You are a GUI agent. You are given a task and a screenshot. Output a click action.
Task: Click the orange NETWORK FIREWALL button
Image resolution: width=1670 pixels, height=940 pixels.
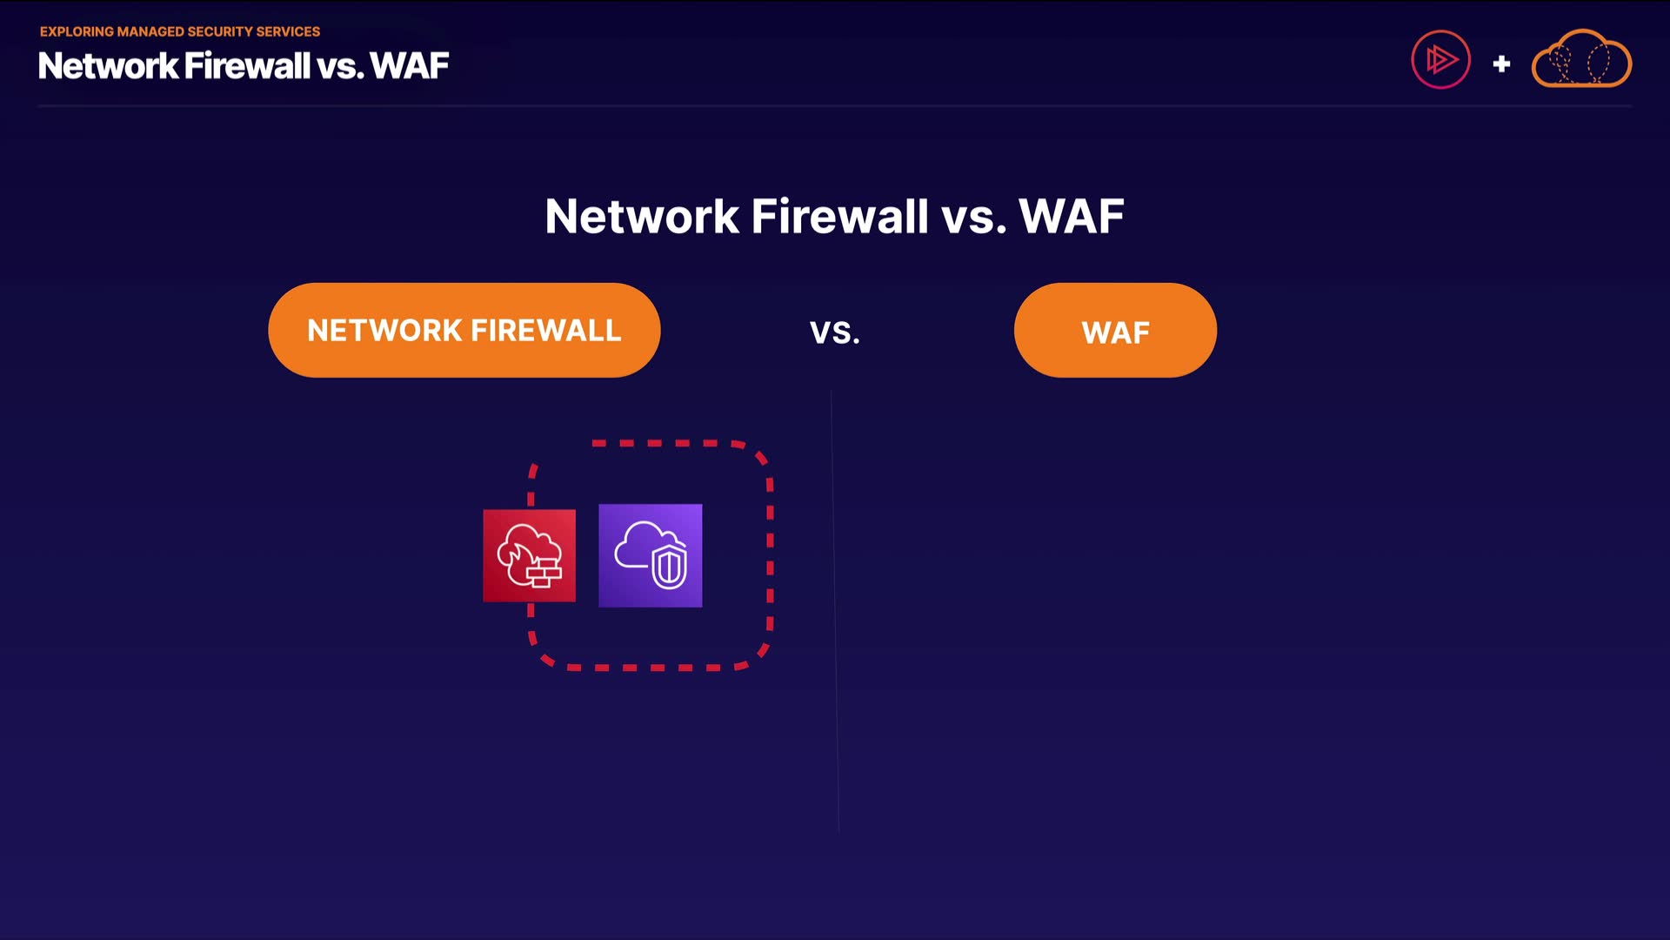[464, 330]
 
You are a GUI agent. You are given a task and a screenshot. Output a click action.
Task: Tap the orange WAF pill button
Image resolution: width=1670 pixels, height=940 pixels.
[1115, 330]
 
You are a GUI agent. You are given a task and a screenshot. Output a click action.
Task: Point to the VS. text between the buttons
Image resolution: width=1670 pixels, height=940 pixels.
[835, 332]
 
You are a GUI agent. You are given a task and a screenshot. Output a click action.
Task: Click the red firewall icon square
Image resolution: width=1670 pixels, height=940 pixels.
[530, 555]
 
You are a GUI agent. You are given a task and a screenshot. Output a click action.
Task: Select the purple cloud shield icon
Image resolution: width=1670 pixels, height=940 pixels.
[651, 555]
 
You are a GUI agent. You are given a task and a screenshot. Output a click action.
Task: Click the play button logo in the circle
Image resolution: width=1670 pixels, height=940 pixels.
[1440, 60]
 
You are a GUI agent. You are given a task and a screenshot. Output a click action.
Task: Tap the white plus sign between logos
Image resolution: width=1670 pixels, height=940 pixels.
[1501, 64]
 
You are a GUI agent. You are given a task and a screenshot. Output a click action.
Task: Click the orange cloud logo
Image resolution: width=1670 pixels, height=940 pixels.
[1581, 58]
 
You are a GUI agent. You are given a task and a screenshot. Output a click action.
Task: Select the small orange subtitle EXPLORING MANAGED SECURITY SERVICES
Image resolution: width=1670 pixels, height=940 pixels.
[180, 31]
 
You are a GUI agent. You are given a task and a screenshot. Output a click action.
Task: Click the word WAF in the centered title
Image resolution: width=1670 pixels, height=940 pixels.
[1072, 216]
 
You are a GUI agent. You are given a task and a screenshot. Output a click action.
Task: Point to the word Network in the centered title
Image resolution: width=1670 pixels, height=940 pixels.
[642, 216]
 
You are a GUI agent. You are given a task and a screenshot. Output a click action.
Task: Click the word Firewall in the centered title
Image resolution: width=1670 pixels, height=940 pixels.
[839, 216]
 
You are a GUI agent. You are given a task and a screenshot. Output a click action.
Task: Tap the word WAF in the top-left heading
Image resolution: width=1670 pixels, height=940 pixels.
[410, 66]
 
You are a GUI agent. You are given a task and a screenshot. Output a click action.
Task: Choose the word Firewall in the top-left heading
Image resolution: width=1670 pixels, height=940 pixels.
[248, 66]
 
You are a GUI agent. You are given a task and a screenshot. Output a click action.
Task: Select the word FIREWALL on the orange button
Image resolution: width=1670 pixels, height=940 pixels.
[546, 331]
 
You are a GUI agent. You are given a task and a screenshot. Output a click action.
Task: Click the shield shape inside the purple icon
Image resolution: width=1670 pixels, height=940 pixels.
[669, 567]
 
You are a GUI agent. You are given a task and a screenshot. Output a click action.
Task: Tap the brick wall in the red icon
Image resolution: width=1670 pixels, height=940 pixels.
[544, 572]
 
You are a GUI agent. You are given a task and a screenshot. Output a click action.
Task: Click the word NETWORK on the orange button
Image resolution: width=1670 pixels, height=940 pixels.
[384, 331]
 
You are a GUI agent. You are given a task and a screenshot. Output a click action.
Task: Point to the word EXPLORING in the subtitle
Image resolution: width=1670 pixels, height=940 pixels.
[77, 31]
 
